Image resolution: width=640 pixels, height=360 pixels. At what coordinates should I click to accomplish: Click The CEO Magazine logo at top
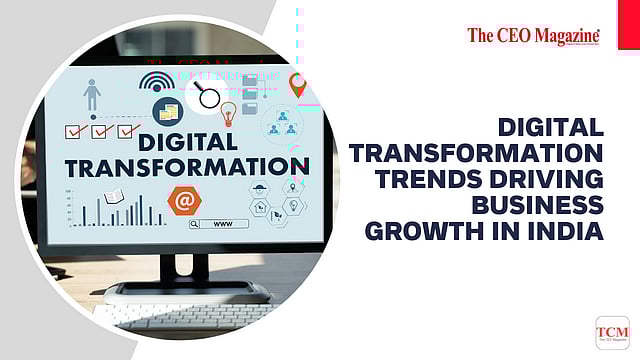tap(533, 37)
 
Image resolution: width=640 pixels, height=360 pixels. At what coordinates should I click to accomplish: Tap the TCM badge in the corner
tap(612, 333)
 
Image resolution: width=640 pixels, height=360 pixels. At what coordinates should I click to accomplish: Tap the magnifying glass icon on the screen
tap(208, 96)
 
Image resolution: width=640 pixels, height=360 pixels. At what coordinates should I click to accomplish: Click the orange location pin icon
tap(296, 84)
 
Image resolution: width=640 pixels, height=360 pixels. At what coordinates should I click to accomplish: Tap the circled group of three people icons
tap(283, 124)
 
